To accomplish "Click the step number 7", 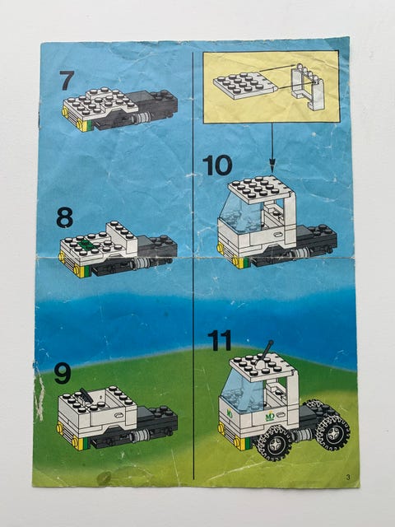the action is coord(67,81).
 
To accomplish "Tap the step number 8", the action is coord(64,217).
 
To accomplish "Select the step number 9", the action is coord(63,374).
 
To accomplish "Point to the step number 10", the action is coord(217,166).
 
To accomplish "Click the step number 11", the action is coord(220,340).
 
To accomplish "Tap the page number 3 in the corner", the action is coord(348,477).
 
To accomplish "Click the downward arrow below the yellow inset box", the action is coord(272,148).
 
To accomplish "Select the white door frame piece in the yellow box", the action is coord(308,86).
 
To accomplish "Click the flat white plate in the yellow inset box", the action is coord(245,85).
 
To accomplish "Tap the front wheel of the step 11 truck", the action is coord(274,443).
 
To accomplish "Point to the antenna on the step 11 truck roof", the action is coord(264,354).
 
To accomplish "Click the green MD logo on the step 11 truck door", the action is coord(270,417).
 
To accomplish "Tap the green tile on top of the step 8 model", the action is coord(86,245).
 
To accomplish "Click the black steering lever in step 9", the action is coord(86,396).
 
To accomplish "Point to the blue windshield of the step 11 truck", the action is coord(243,393).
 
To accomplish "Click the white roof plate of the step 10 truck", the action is coord(260,189).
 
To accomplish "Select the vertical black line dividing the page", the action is coord(193,265).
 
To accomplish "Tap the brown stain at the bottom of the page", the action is coord(105,478).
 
